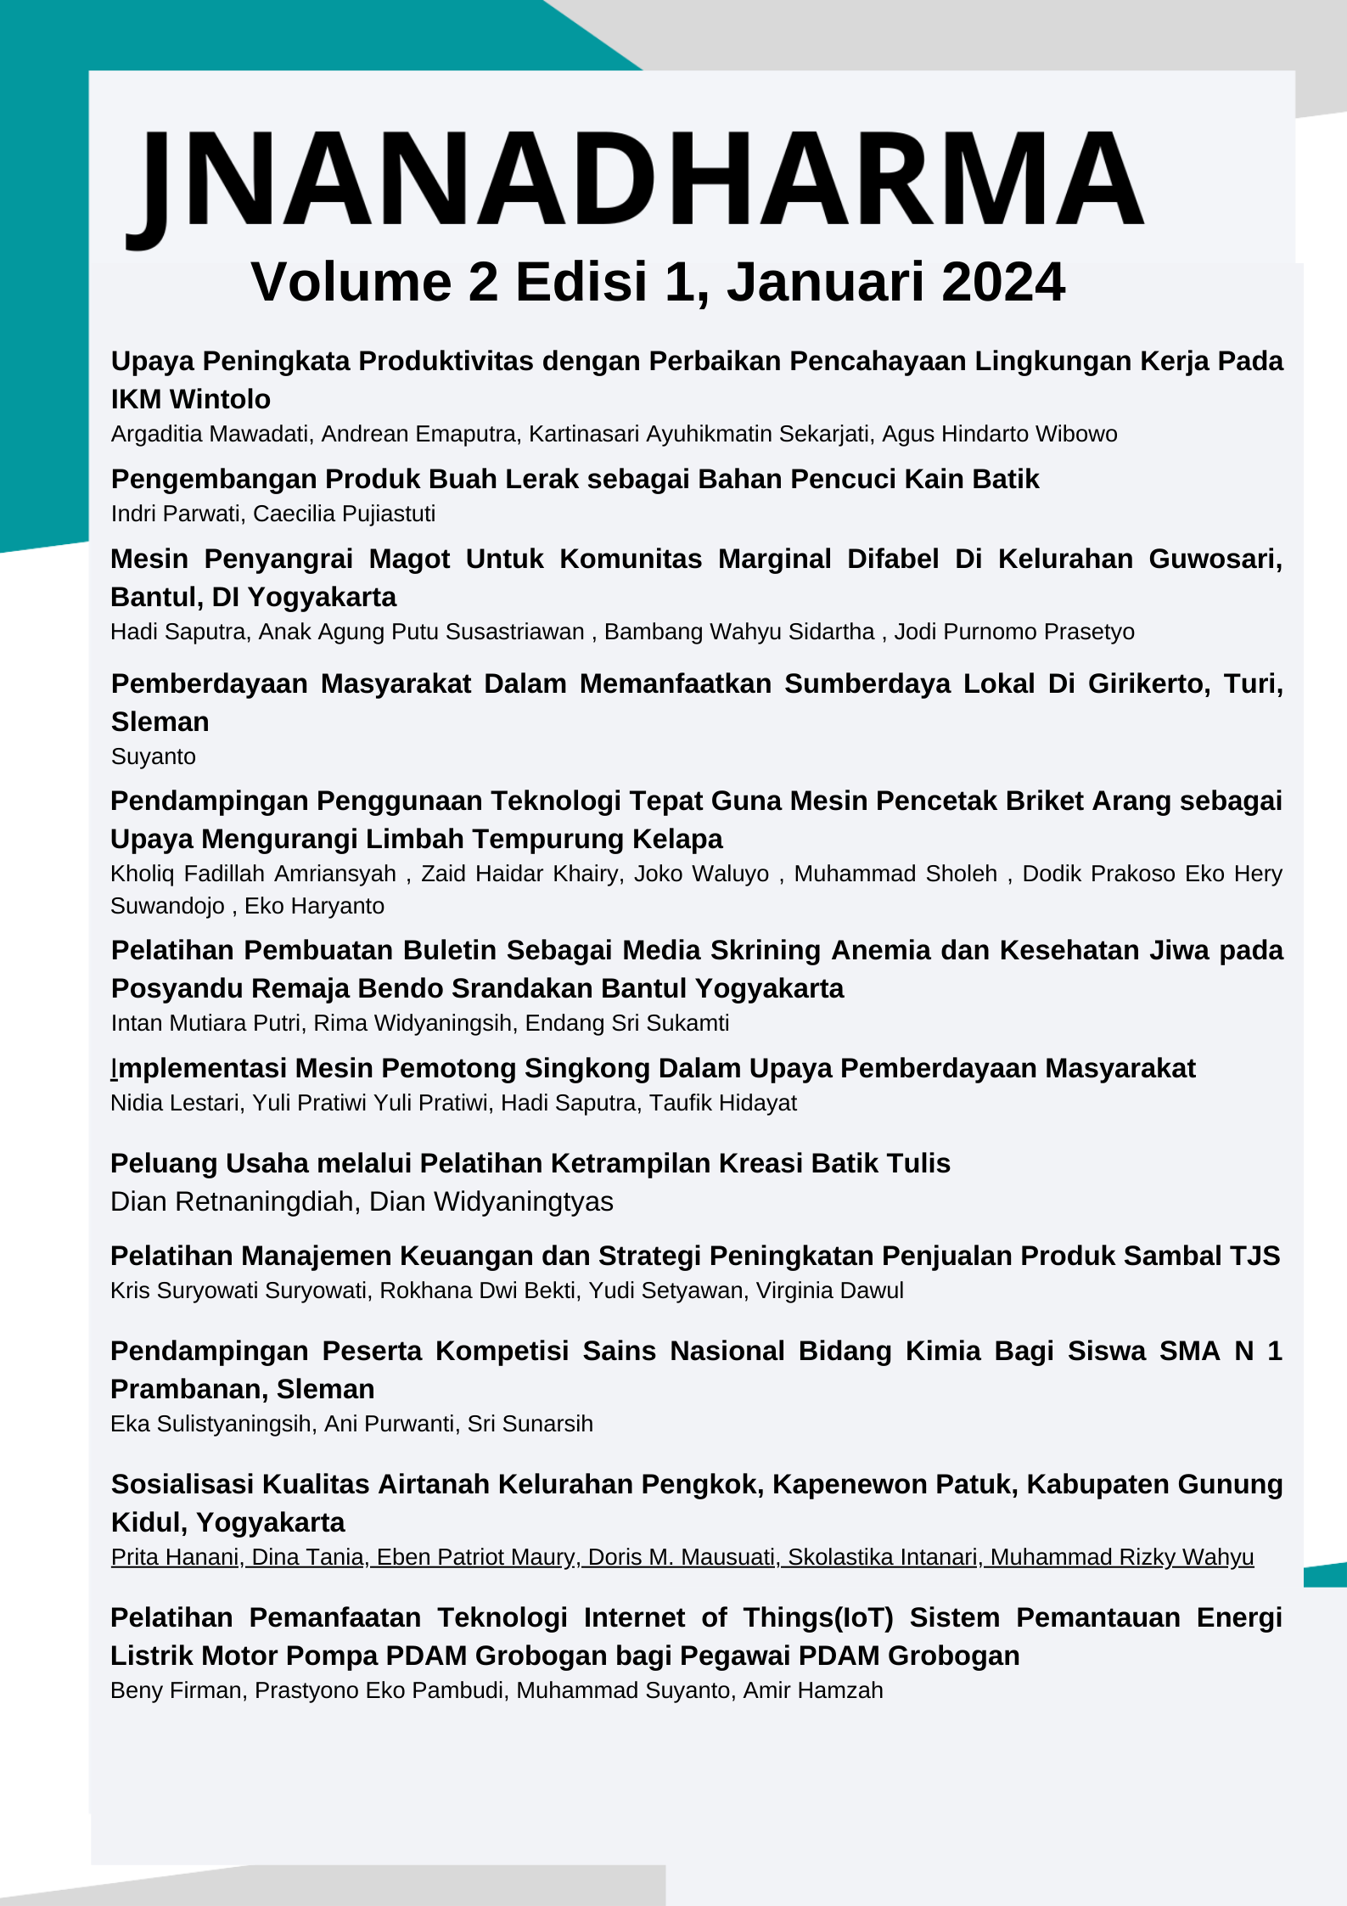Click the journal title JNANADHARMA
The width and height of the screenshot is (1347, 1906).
pos(637,180)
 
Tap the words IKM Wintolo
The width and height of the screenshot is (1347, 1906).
pos(191,399)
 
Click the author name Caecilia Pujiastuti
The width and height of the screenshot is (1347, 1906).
pos(344,514)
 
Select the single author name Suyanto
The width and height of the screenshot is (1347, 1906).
pos(154,756)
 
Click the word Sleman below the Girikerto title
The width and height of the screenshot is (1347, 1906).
pos(160,722)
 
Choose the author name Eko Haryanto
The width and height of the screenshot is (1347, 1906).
pos(314,906)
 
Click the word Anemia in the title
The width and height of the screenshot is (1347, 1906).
pos(880,950)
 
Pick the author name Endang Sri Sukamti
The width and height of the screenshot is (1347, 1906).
pos(626,1023)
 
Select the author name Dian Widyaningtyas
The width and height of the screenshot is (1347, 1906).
pos(491,1202)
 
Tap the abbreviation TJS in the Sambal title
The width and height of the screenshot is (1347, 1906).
pos(1254,1256)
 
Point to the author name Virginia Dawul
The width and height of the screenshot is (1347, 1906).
pos(829,1290)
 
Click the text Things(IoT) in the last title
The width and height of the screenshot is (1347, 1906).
pos(818,1617)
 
